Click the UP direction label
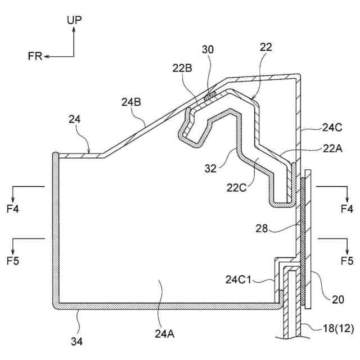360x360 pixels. [x=74, y=20]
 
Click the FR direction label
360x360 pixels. [x=35, y=56]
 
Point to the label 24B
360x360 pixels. [x=131, y=102]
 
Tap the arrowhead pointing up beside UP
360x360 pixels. [x=74, y=29]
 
